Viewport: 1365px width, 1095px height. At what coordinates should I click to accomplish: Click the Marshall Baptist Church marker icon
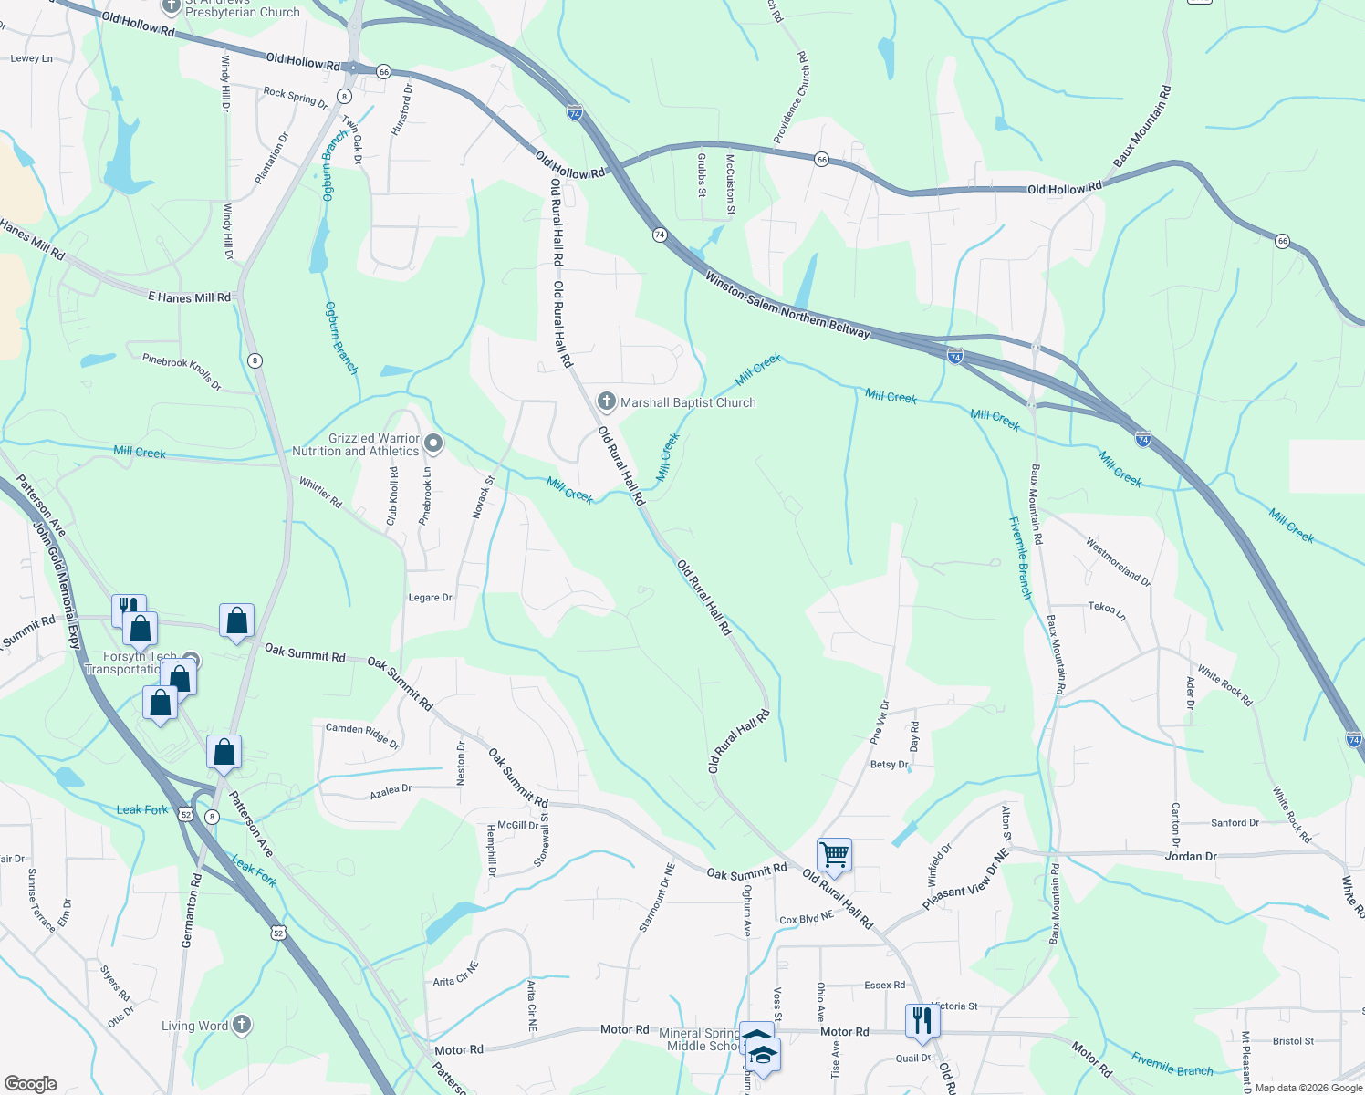pos(606,401)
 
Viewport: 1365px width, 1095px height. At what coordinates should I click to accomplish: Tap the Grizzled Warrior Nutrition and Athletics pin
pos(434,444)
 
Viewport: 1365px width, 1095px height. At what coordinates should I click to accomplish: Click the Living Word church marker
pos(241,1025)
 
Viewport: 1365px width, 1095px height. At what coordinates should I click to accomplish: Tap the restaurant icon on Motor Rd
pos(922,1020)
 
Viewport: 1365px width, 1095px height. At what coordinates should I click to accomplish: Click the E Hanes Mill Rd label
pos(190,297)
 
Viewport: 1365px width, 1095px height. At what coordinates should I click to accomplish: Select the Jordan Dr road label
pos(1191,856)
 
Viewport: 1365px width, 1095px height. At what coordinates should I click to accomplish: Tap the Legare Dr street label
pos(431,598)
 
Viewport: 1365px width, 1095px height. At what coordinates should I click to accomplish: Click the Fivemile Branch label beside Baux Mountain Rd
pos(1021,558)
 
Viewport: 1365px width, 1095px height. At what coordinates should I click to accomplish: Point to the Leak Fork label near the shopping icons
pos(142,809)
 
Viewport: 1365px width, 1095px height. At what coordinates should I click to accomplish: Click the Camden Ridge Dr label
pos(362,735)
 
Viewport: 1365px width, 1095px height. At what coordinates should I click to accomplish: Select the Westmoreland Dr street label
pos(1118,561)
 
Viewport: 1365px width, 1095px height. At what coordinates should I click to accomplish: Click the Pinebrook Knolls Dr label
pos(182,371)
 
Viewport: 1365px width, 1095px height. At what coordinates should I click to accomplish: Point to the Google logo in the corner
pos(31,1083)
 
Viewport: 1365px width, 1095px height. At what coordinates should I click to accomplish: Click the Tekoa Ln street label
pos(1107,610)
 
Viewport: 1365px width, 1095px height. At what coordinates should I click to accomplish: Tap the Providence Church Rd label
pos(790,97)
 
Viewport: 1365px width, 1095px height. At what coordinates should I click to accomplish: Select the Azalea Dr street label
pos(391,791)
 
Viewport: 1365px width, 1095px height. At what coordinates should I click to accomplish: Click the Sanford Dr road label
pos(1235,822)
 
